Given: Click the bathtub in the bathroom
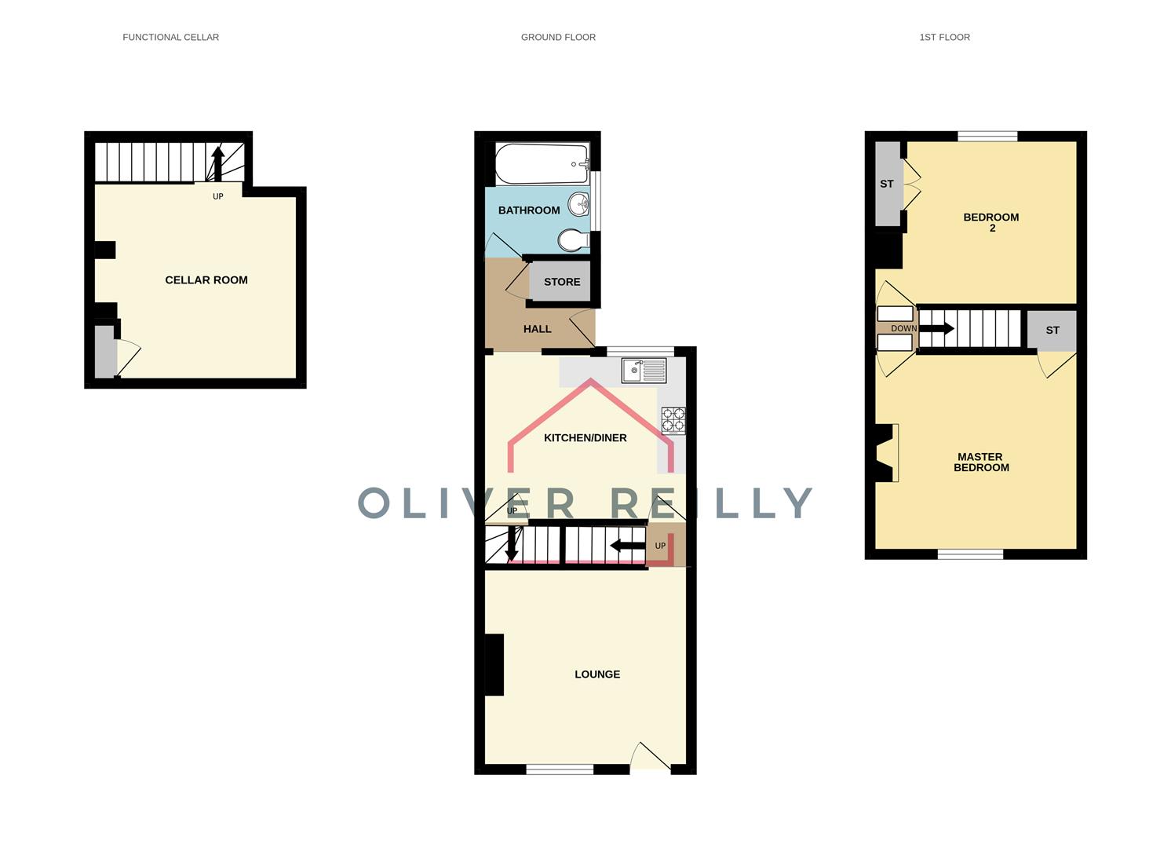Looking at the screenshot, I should pos(542,163).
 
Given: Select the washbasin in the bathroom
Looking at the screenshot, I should pos(579,204).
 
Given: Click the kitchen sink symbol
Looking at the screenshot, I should pos(644,370).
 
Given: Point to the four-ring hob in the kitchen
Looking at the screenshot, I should pos(673,420).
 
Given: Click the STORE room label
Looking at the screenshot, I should pos(562,282).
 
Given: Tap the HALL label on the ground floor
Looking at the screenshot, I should pos(538,329).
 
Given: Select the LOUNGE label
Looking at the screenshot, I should pos(597,674).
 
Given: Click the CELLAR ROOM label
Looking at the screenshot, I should pos(206,280).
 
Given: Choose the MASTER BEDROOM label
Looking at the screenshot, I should pos(981,462).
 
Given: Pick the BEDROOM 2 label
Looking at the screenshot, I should pos(991,222).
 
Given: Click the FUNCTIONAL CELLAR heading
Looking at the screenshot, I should pos(170,37).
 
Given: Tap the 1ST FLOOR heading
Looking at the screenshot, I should pos(944,37).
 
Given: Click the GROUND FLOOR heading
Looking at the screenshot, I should pos(558,37).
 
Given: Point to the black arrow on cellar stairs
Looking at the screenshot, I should pos(218,163).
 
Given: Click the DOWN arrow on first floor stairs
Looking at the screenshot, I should pos(936,328).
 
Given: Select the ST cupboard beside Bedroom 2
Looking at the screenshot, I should pos(887,185).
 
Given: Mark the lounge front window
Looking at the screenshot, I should pos(560,769).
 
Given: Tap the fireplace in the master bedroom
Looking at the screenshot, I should pos(886,453).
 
